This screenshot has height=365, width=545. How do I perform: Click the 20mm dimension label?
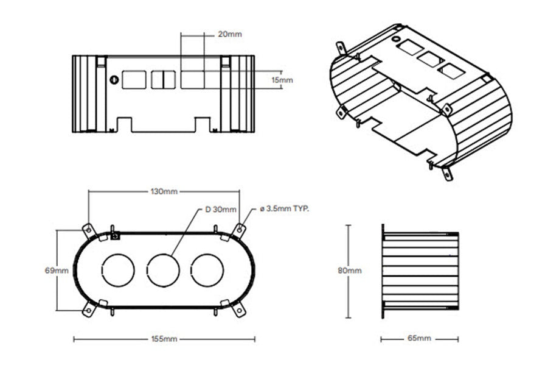click(229, 34)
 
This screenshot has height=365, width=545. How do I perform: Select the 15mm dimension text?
click(282, 80)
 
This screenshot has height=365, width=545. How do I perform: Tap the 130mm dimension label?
click(164, 191)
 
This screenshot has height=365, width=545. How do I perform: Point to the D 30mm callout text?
click(220, 210)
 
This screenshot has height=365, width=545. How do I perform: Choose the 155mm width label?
click(164, 339)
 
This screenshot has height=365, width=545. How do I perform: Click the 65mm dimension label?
click(419, 338)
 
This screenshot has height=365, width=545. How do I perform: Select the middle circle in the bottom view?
click(164, 269)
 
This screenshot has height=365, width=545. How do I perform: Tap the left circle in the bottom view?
click(119, 269)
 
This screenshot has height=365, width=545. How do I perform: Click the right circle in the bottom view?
click(208, 269)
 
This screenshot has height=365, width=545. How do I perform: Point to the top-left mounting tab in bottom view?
click(88, 230)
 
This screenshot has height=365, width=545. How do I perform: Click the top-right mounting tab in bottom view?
click(240, 230)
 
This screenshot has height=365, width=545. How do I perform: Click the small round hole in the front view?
click(113, 80)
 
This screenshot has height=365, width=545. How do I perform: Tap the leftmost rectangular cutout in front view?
click(133, 80)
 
